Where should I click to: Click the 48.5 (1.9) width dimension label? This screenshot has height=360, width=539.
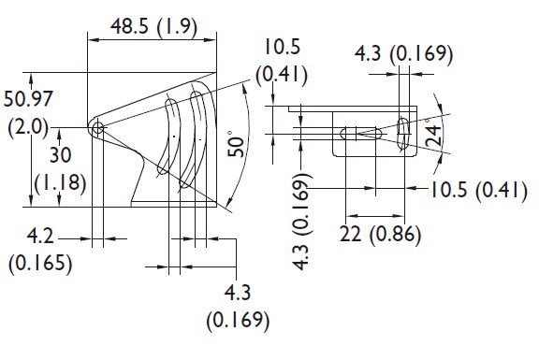[153, 27]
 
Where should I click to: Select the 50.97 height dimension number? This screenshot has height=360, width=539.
[28, 98]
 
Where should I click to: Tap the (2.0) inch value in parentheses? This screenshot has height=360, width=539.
[28, 127]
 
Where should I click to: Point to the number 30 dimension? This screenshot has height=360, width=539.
[61, 155]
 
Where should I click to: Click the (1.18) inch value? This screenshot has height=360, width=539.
[60, 182]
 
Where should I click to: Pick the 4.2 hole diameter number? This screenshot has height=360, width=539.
[40, 236]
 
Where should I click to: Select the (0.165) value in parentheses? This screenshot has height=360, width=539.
[40, 264]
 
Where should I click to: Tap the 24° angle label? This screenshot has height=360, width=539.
[432, 135]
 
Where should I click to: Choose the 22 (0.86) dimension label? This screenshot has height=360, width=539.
[380, 235]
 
